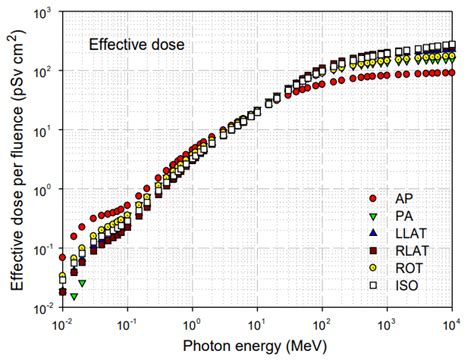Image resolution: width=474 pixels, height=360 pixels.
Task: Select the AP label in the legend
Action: tap(408, 199)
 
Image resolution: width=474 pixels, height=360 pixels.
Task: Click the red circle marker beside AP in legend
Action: tap(373, 199)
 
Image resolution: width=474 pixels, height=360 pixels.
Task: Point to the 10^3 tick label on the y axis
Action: tap(44, 13)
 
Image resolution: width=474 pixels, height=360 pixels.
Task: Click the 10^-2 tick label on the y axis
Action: tap(44, 309)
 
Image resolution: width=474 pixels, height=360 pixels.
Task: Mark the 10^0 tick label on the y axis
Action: tap(44, 191)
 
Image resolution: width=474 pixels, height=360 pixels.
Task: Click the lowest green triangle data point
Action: tap(73, 297)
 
